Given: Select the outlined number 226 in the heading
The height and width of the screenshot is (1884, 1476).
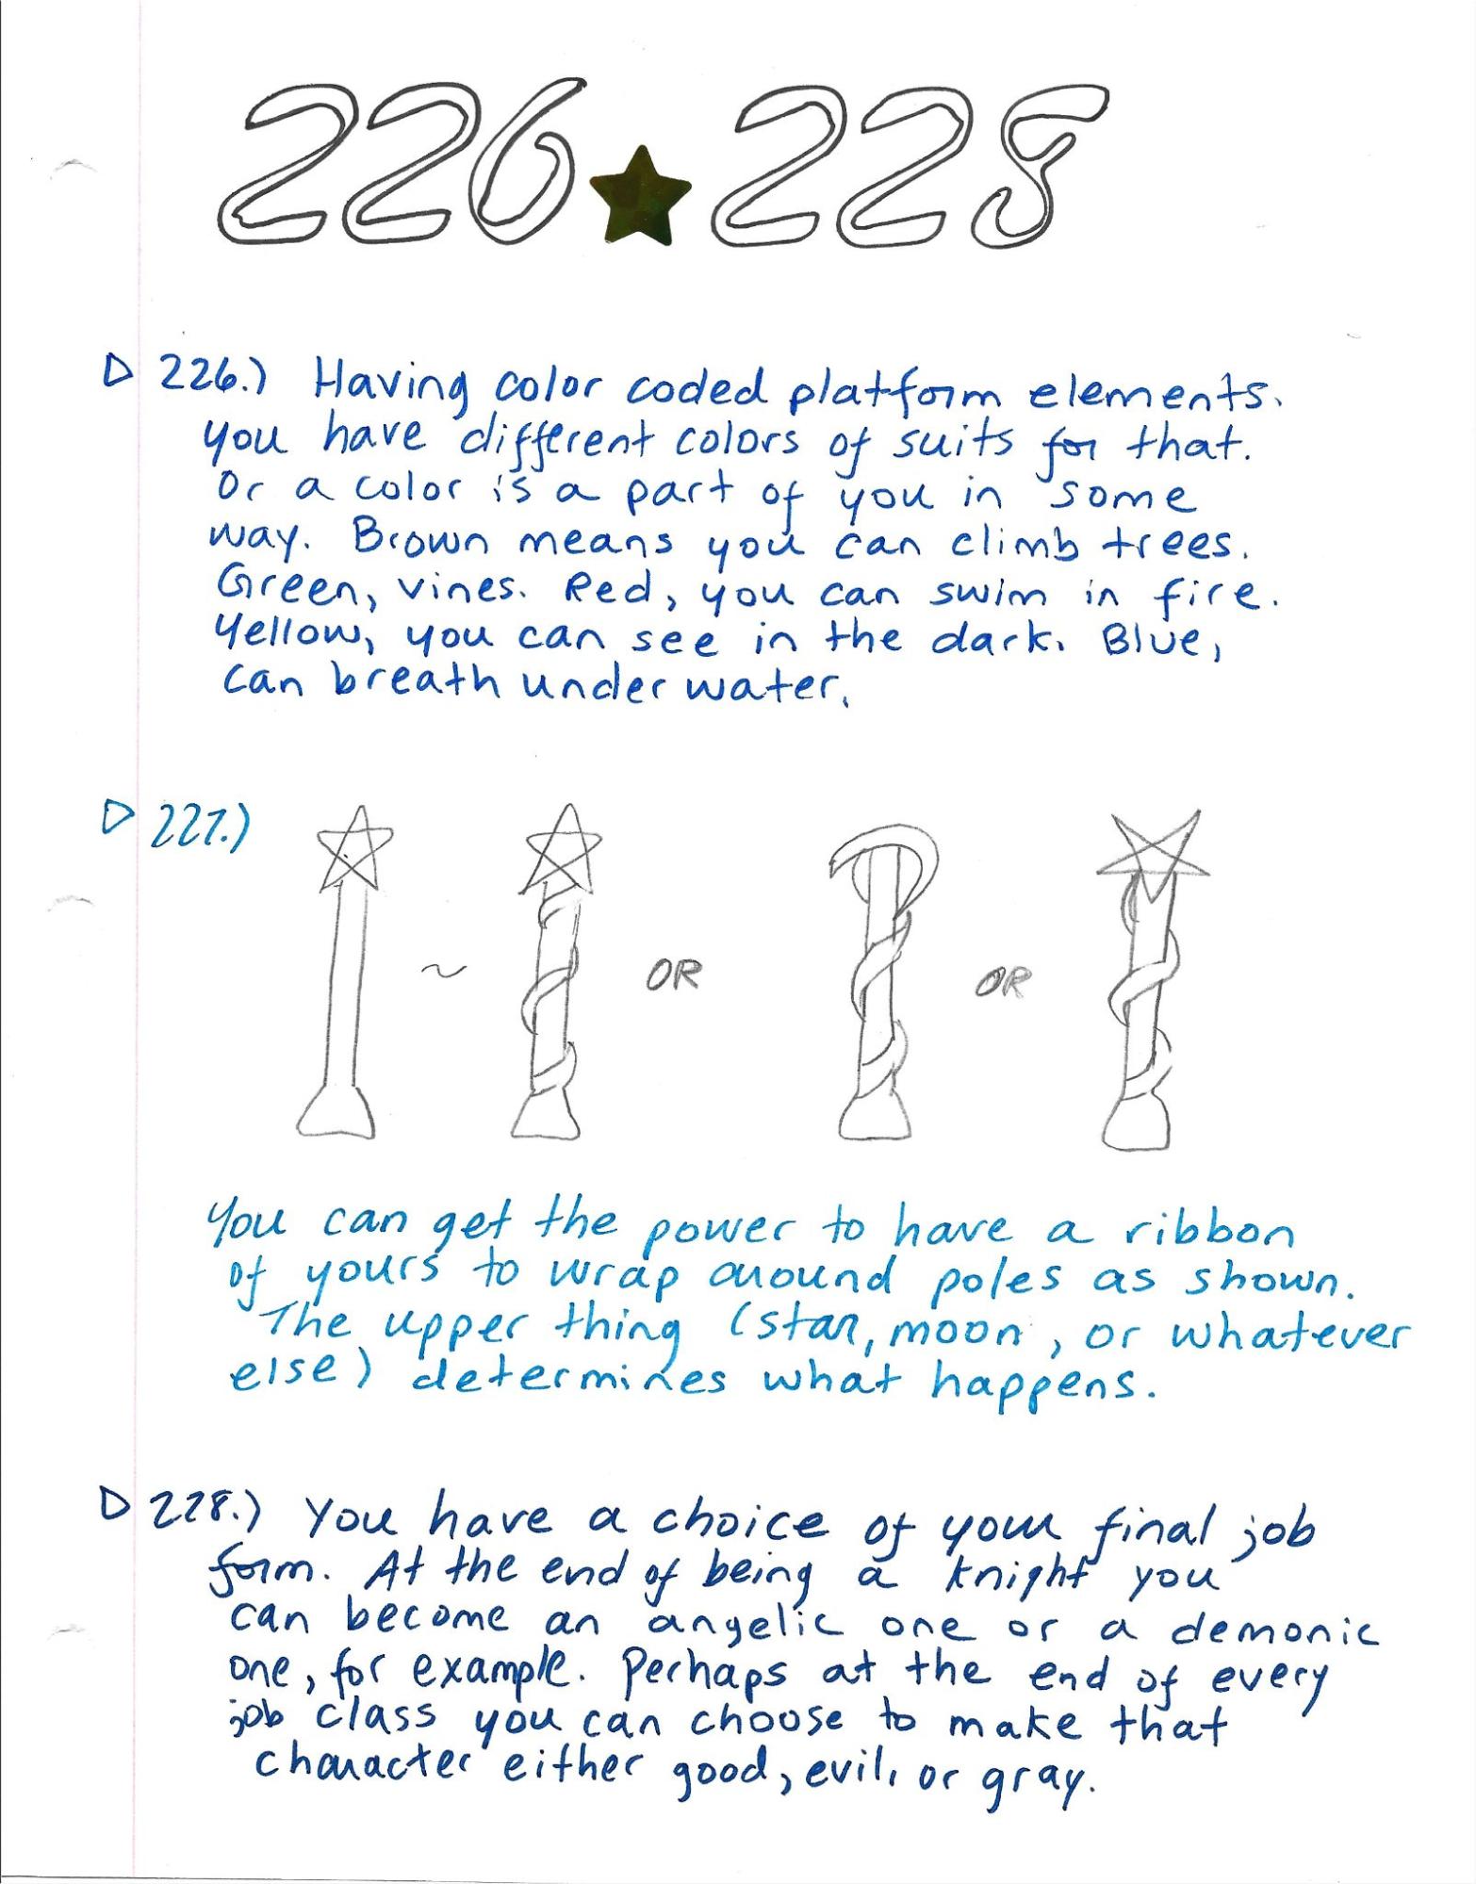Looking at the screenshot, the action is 405,160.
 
